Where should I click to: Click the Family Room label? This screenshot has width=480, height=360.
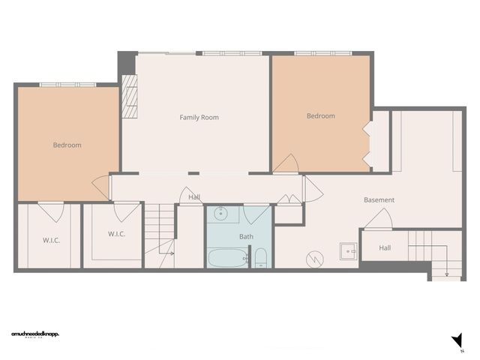[199, 117]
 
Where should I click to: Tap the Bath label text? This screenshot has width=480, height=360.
[246, 236]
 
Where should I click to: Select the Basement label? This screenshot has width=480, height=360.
[379, 200]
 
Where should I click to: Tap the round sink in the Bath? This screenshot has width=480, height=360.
[220, 214]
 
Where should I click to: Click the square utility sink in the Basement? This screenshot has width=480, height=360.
[347, 250]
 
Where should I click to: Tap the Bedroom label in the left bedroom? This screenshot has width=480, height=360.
[67, 145]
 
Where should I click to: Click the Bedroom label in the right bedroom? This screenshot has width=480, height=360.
[320, 116]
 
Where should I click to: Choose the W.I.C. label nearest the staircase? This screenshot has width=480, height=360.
[116, 233]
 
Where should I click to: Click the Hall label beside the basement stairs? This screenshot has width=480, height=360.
[384, 247]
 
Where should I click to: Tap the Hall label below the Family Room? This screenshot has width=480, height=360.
[194, 197]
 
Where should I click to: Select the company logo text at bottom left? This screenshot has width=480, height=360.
[35, 333]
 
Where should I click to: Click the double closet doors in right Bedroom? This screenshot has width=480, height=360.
[367, 144]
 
